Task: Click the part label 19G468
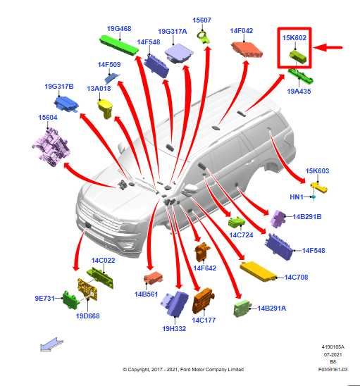click(119, 29)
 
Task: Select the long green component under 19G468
click(119, 45)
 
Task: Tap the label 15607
click(201, 20)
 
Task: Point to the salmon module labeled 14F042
click(247, 49)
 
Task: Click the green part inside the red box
click(298, 56)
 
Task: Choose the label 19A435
click(299, 91)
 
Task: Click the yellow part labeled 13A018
click(106, 108)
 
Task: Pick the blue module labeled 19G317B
click(66, 104)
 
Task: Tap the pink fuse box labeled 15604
click(51, 147)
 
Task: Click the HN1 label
click(297, 197)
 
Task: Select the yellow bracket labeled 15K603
click(318, 187)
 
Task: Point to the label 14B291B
click(307, 217)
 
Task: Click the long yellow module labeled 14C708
click(258, 271)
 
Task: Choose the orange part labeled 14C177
click(203, 300)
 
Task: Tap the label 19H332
click(174, 328)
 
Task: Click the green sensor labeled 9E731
click(70, 300)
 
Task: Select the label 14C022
click(103, 260)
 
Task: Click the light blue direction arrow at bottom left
click(51, 344)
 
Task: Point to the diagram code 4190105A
click(333, 347)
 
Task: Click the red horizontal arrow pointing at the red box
click(328, 47)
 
